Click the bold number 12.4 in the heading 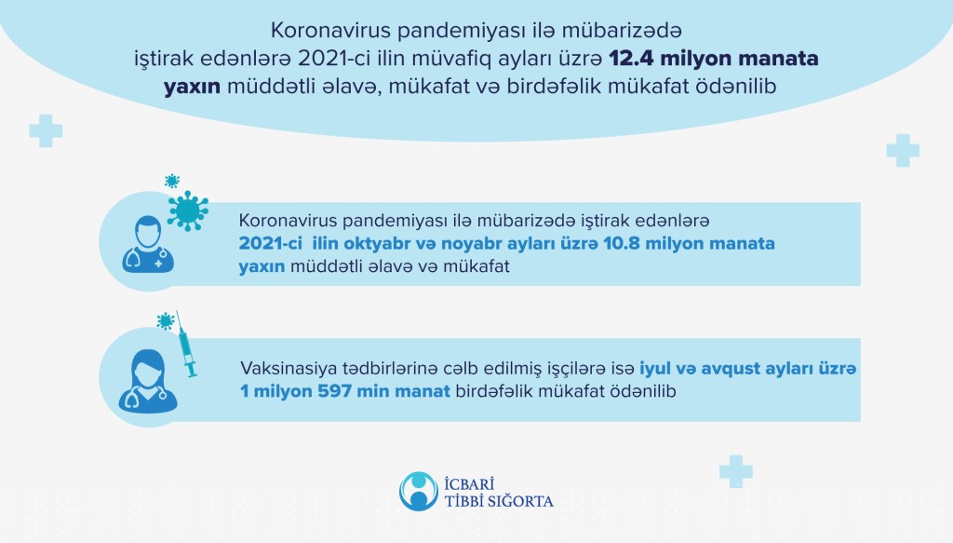(632, 59)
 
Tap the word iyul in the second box (654, 369)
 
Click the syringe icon (186, 345)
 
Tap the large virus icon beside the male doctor (188, 210)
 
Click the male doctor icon (148, 244)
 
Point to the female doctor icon (148, 381)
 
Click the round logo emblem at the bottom (418, 492)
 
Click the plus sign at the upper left (46, 130)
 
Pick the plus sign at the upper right (903, 150)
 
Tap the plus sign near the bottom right (735, 471)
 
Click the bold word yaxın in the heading (192, 87)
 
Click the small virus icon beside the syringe (166, 321)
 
